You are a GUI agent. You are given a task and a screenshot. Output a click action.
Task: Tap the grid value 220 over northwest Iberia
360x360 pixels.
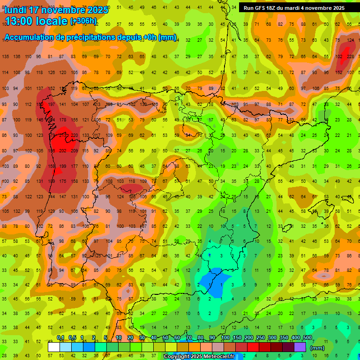pos(74,135)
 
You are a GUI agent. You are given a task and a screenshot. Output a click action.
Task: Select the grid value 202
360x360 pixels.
pos(63,150)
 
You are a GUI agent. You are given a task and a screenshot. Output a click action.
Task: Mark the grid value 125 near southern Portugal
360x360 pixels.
pos(97,255)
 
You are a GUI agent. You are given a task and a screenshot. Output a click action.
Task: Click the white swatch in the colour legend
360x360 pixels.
pos(54,347)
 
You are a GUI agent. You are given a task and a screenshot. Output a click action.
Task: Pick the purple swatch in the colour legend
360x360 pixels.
pos(300,347)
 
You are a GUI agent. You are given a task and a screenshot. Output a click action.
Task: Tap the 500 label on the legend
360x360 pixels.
pos(307,338)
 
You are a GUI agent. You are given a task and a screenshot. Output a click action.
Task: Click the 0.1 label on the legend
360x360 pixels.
pos(60,338)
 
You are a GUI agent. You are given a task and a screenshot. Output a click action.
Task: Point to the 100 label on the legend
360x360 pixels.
pos(225,338)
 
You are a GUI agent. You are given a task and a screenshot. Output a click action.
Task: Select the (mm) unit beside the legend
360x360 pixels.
pos(317,348)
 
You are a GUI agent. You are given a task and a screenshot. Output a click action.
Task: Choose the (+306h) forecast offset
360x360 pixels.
pos(83,21)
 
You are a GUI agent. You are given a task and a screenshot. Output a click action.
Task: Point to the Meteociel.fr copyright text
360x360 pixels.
pos(199,356)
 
